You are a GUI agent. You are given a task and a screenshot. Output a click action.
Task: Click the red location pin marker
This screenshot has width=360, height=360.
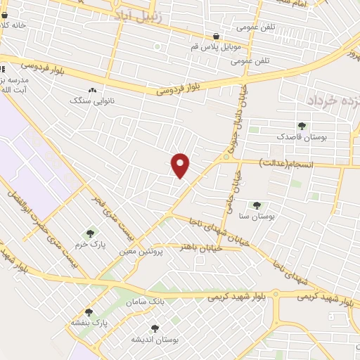tap(181, 165)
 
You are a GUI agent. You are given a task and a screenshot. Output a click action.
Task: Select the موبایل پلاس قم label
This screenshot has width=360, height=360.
tap(208, 47)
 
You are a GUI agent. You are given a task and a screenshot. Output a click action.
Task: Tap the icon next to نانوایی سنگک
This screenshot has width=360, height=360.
tap(94, 90)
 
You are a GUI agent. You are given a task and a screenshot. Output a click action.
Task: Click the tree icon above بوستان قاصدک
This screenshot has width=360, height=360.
tap(302, 126)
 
